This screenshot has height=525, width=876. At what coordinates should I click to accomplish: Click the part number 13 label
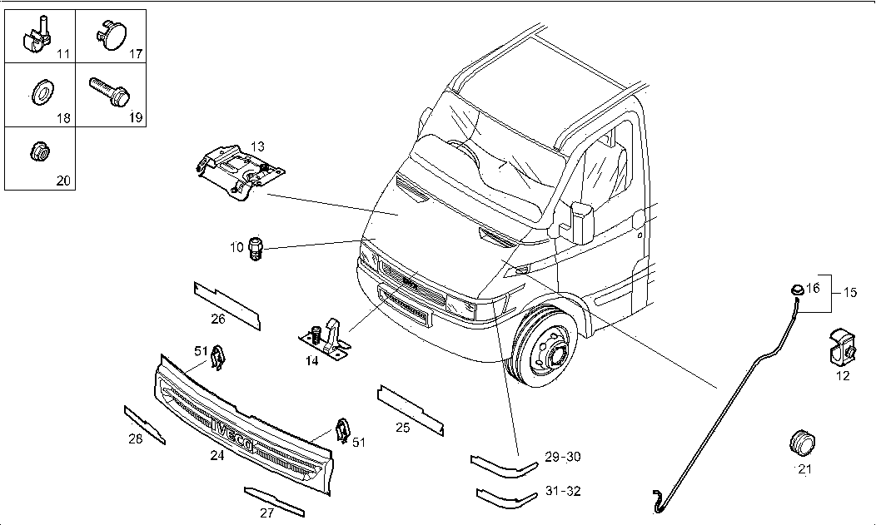point(258,146)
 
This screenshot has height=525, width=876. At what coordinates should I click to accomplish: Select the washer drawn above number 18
point(40,92)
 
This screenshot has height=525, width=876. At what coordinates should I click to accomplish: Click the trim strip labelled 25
point(410,409)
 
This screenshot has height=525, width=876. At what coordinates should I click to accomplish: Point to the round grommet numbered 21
point(801,443)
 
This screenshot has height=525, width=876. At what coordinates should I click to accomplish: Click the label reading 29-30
point(562,457)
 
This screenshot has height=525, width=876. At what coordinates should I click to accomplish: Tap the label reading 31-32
point(562,491)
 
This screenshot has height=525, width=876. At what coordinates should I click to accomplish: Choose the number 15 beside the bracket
point(850,293)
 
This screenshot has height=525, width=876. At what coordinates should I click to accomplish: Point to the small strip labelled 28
point(144,424)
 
